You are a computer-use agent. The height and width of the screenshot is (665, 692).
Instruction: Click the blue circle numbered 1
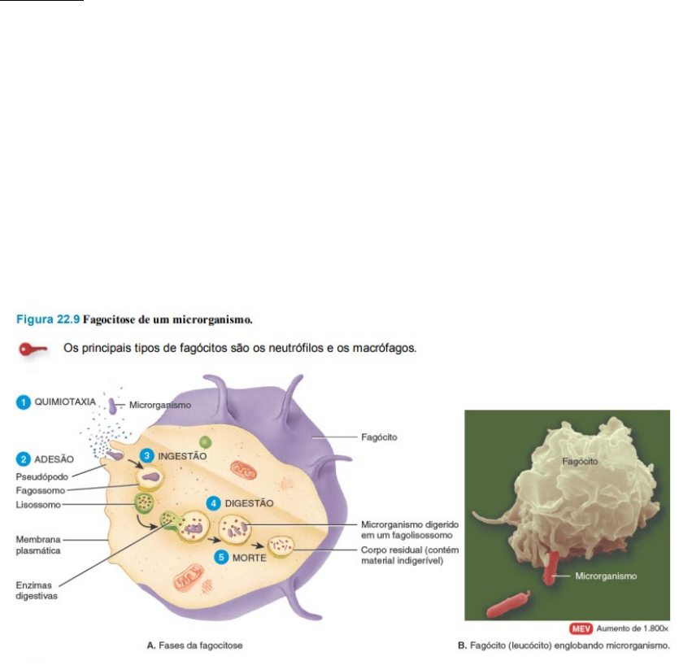(x=24, y=402)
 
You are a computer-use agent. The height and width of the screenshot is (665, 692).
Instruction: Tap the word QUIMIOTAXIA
(x=66, y=402)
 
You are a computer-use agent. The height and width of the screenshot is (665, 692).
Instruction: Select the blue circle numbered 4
(x=214, y=503)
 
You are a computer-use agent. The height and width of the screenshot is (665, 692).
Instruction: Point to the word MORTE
(x=250, y=558)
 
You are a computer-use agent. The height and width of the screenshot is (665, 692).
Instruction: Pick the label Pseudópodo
(x=41, y=476)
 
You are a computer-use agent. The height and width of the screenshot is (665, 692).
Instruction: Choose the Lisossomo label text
(x=37, y=504)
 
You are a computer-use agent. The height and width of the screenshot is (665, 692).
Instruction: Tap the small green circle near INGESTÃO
(x=207, y=441)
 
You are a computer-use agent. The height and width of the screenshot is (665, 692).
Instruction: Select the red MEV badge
(x=581, y=628)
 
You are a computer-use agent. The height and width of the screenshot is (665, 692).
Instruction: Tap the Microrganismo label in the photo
(x=605, y=576)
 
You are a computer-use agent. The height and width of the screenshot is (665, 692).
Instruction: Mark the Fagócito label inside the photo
(x=580, y=461)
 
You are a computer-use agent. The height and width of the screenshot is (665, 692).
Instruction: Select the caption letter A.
(x=150, y=645)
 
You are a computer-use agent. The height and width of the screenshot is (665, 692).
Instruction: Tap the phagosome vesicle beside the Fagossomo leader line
(x=149, y=477)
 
